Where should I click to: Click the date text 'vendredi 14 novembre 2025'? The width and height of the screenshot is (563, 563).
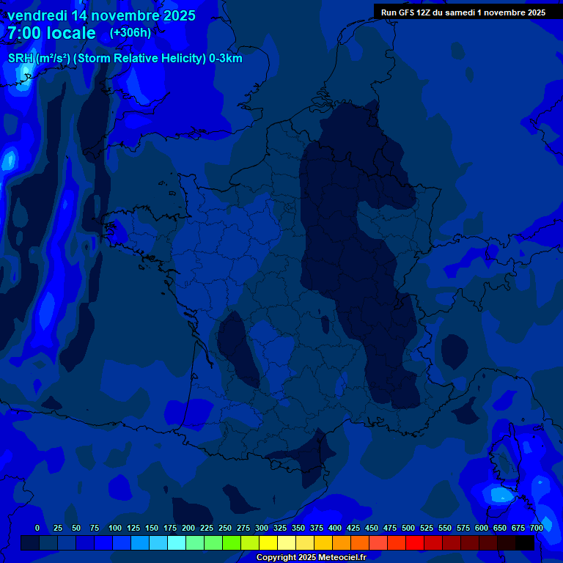click(x=101, y=15)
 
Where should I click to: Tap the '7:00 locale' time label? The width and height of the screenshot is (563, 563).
click(x=51, y=33)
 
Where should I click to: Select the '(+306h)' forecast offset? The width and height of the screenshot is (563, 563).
click(x=130, y=33)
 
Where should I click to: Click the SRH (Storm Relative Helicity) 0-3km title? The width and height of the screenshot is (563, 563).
click(x=125, y=59)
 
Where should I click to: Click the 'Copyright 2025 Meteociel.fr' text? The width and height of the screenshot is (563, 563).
click(x=311, y=558)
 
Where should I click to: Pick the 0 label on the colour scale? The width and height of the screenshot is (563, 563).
click(x=37, y=528)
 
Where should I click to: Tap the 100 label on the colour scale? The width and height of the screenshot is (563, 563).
click(x=115, y=528)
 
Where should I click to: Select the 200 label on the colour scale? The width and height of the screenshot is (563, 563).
click(x=188, y=528)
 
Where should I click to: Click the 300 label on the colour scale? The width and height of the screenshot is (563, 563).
click(x=262, y=528)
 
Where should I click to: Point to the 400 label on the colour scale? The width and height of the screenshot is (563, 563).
click(x=335, y=528)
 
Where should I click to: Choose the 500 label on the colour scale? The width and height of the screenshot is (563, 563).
click(x=408, y=528)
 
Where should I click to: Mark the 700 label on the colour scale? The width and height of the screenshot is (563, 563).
click(x=537, y=528)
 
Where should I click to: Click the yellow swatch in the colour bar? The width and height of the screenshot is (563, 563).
click(x=268, y=543)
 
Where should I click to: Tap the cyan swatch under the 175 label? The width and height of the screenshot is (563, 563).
click(x=177, y=543)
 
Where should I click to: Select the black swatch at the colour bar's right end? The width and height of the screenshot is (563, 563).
click(x=525, y=543)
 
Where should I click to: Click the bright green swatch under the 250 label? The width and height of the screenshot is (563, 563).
click(x=232, y=543)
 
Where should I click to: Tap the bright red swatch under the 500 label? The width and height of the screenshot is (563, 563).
click(x=415, y=543)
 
